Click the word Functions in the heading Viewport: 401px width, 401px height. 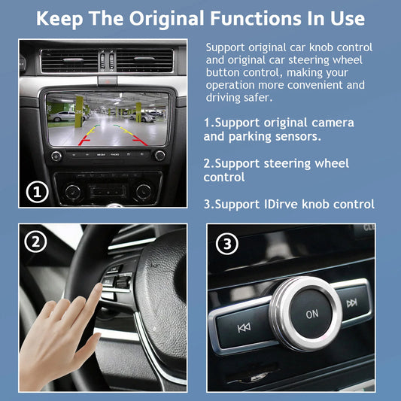click(256, 18)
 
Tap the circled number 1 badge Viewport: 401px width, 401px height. click(38, 192)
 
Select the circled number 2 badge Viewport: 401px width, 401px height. click(36, 242)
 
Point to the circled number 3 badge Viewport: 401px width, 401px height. click(227, 244)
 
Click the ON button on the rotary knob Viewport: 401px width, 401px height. click(311, 314)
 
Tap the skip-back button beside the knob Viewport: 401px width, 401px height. click(244, 327)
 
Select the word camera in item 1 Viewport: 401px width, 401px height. click(333, 123)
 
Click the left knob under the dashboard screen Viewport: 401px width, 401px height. click(56, 156)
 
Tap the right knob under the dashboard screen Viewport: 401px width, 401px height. click(159, 156)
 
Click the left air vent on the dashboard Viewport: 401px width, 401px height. click(69, 61)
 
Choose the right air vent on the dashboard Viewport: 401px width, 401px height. click(144, 61)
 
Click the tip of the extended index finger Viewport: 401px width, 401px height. click(99, 284)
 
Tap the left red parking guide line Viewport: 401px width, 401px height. click(84, 141)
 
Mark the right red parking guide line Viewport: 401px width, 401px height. click(140, 141)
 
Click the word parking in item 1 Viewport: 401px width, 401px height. click(250, 137)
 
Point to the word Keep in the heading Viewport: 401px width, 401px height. click(59, 19)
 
